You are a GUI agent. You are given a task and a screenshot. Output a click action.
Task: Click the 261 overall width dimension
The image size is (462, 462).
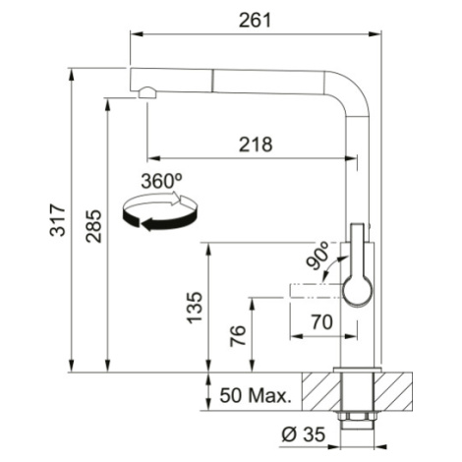256,21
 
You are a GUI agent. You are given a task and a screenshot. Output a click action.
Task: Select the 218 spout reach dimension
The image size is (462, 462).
256,144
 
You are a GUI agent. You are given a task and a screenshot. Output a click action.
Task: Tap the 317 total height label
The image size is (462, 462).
58,220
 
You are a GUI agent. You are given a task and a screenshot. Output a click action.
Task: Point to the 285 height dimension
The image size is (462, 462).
93,226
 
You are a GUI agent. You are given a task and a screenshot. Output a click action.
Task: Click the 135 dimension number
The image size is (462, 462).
195,308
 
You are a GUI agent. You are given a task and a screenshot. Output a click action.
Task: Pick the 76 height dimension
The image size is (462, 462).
238,335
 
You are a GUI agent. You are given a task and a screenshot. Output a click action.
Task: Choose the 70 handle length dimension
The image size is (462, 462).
322,322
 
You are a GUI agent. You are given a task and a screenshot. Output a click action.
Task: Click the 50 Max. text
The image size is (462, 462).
256,395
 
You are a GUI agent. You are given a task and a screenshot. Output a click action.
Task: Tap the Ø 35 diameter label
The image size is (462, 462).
304,434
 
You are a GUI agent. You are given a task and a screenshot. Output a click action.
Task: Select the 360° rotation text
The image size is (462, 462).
161,181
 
